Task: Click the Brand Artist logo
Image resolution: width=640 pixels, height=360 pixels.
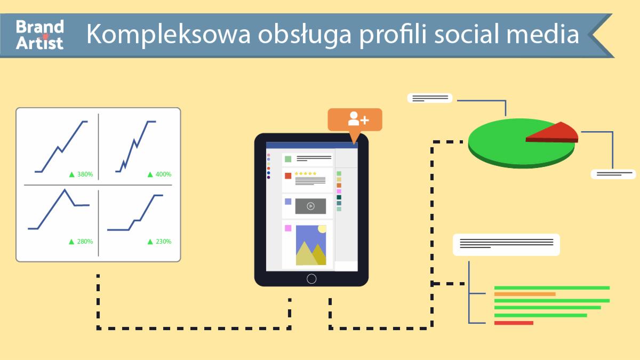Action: tap(39, 34)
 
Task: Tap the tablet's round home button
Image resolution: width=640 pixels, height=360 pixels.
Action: tap(311, 278)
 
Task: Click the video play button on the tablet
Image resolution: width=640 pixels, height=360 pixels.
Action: tap(310, 206)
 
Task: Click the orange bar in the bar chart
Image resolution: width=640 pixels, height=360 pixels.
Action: tap(525, 294)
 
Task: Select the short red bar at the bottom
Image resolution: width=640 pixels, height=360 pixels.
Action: tap(514, 323)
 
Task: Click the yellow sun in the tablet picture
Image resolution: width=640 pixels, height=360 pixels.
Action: tap(322, 229)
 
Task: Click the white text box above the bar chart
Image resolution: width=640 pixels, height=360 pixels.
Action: tap(506, 244)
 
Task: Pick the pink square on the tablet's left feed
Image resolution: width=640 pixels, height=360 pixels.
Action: tap(288, 228)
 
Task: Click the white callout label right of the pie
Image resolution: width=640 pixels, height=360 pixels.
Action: tap(613, 174)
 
